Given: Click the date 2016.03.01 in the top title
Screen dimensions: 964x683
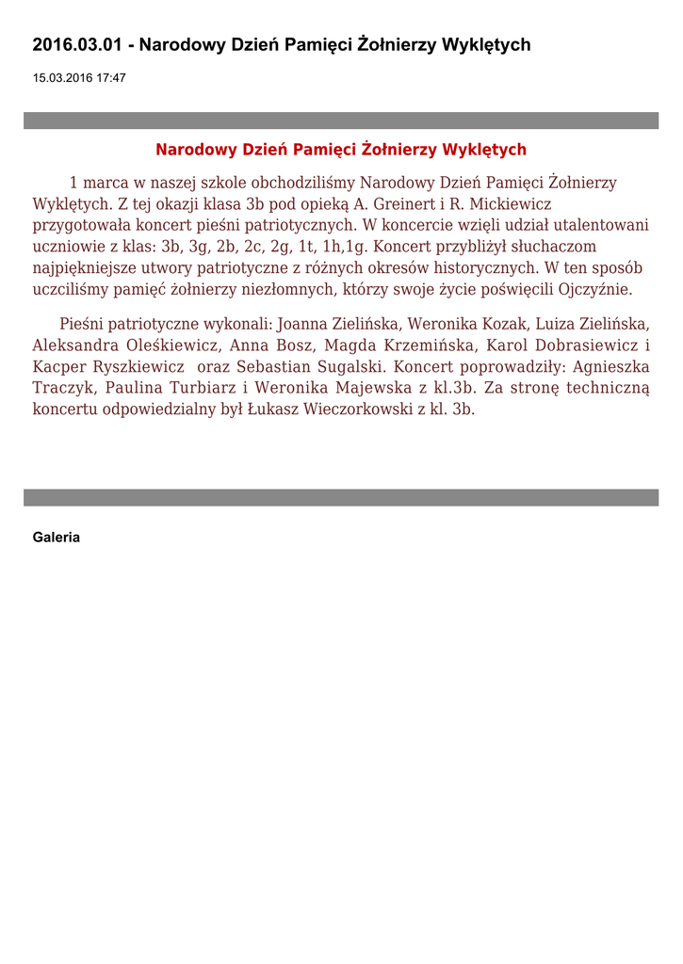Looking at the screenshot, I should point(78,45).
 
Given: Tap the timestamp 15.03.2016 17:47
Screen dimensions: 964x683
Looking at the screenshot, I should point(79,78).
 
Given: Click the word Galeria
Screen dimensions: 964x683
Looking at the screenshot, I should point(57,538).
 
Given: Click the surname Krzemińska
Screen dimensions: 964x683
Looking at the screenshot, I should point(432,345).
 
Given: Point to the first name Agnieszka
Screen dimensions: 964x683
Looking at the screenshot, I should point(609,366).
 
